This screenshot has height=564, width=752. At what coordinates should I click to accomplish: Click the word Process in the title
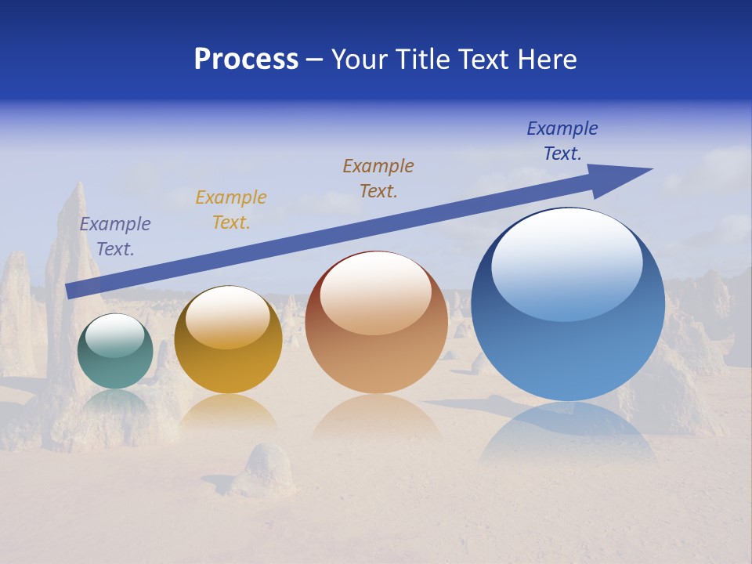(x=246, y=59)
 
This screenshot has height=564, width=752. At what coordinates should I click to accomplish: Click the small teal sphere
(x=115, y=352)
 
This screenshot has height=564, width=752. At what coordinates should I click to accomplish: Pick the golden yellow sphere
(x=228, y=342)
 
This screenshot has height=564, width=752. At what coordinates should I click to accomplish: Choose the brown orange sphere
(x=377, y=324)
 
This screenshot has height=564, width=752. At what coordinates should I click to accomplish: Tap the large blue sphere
(x=568, y=305)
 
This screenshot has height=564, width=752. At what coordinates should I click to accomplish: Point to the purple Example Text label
(x=115, y=237)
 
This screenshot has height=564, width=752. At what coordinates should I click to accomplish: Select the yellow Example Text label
(x=231, y=210)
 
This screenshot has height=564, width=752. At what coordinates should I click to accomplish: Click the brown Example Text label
(x=378, y=178)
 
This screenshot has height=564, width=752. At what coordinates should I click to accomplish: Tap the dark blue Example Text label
(x=562, y=141)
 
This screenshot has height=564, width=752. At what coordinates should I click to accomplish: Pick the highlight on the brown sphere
(x=376, y=294)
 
